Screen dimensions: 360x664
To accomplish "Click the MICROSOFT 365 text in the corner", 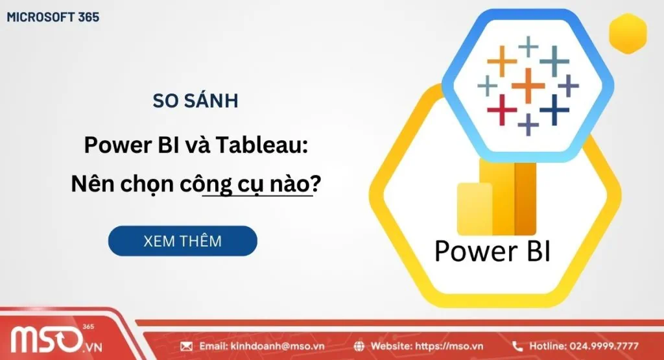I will click(x=53, y=18).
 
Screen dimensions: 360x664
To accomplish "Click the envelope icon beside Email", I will click(x=187, y=346).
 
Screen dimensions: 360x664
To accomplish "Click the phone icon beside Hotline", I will click(x=517, y=346).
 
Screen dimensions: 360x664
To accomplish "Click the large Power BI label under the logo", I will click(x=492, y=251).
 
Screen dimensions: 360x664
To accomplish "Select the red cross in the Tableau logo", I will click(x=502, y=110).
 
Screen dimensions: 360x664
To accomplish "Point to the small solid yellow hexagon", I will click(x=628, y=32).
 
